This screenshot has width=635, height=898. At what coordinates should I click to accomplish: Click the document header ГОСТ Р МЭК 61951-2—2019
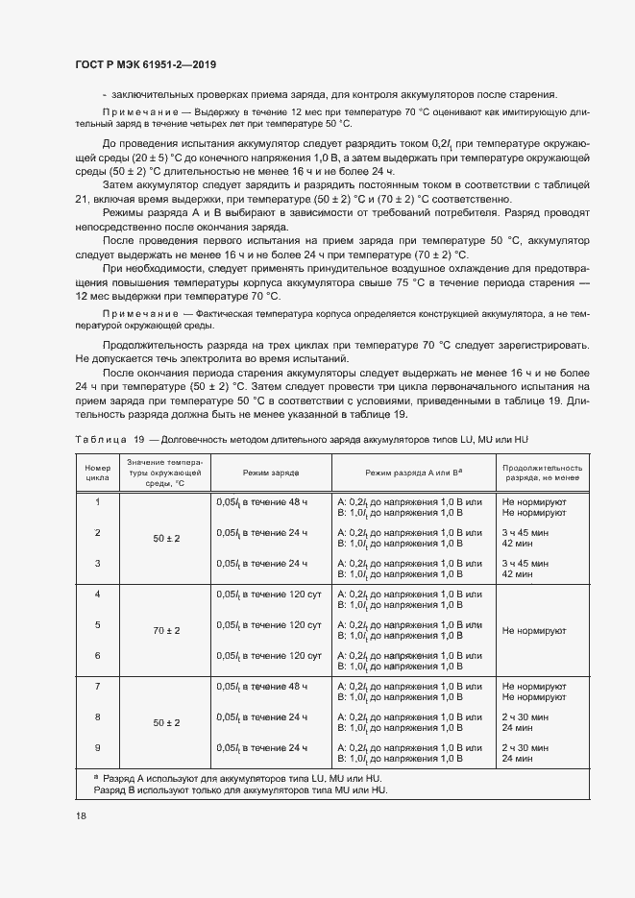tap(144, 65)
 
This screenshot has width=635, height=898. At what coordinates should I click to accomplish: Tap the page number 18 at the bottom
tap(80, 815)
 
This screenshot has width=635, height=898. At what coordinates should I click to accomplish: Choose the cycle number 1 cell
tap(97, 501)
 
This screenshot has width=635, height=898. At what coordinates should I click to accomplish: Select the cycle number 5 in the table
tap(97, 624)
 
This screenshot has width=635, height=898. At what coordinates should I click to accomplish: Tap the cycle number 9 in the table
tap(97, 747)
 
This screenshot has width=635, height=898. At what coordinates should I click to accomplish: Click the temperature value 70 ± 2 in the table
tap(166, 631)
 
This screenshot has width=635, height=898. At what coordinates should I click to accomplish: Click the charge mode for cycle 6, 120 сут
tap(268, 655)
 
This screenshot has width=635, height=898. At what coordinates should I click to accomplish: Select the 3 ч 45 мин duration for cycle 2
tap(525, 532)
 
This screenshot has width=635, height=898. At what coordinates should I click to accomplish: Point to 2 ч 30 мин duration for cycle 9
tap(525, 747)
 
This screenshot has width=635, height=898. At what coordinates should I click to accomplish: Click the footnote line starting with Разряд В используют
tap(239, 789)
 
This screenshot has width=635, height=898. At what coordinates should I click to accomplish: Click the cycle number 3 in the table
tap(97, 563)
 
